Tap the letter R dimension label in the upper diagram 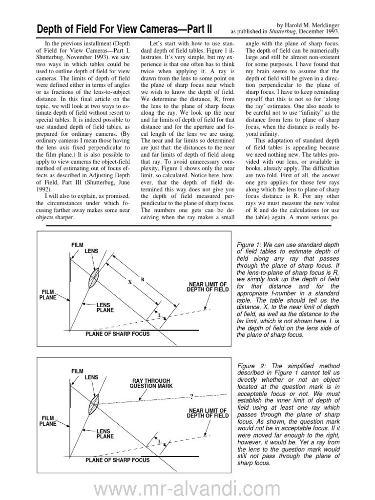143,279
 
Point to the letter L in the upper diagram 159,316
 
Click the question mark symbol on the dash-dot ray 191,396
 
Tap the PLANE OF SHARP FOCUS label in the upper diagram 117,334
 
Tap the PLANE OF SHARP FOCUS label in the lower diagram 117,459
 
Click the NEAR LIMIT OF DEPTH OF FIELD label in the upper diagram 207,287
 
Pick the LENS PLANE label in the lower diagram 105,433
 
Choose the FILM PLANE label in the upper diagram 48,294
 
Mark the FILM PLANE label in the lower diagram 48,421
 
